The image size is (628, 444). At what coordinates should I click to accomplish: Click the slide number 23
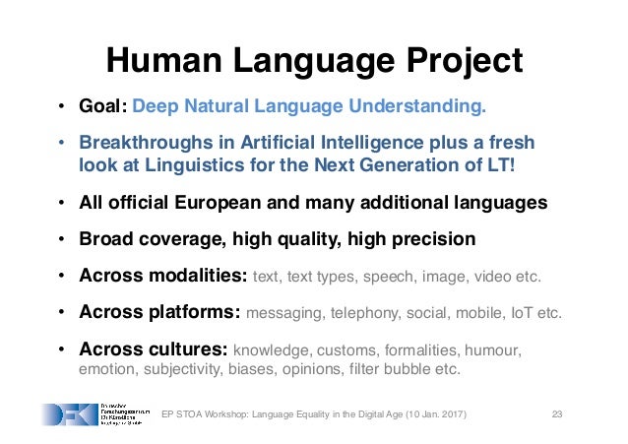(557, 413)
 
